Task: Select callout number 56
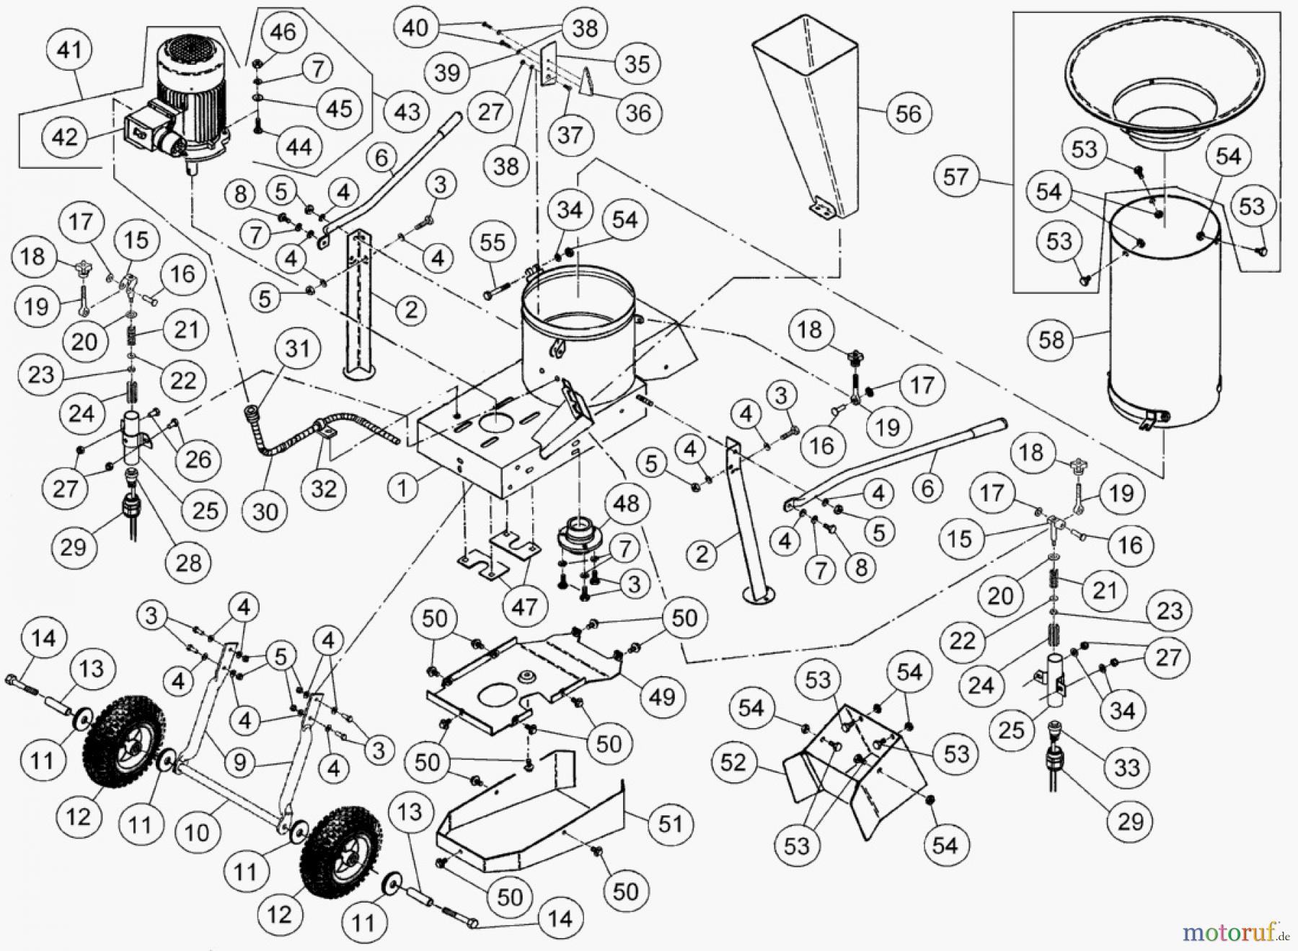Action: [908, 113]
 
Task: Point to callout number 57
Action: [955, 176]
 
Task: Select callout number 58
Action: [1052, 339]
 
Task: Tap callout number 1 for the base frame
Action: [402, 488]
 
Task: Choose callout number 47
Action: [524, 606]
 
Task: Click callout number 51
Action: [671, 823]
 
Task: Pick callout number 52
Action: [733, 763]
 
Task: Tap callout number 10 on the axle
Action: [196, 833]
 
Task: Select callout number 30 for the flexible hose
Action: [265, 512]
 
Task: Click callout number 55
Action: [493, 242]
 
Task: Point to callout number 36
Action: [637, 112]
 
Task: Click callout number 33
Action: [1126, 766]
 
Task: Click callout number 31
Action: [297, 349]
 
